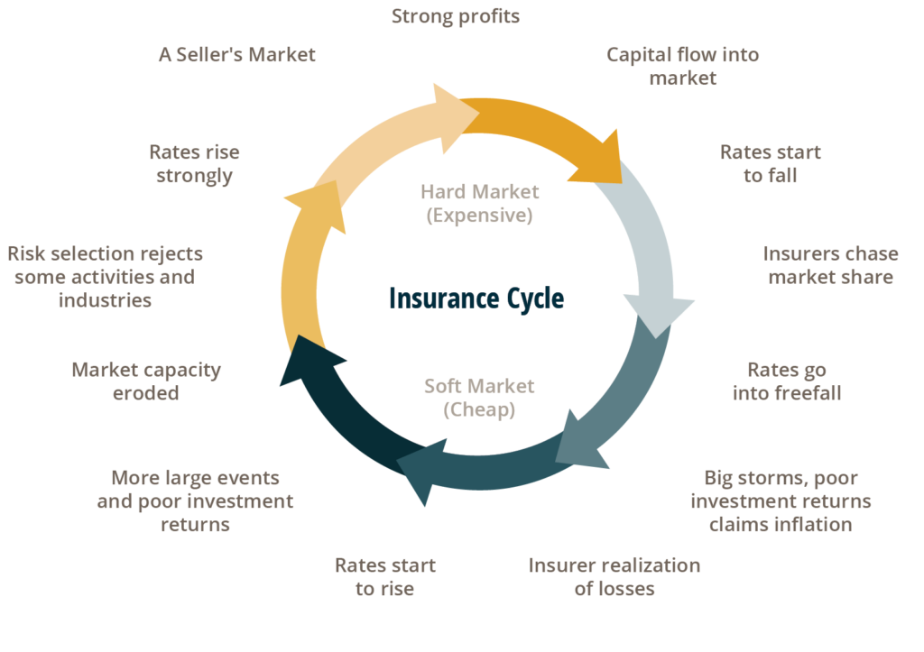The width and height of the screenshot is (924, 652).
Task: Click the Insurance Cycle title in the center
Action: pos(476,298)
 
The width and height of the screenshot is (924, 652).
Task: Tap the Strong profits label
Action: pos(456,16)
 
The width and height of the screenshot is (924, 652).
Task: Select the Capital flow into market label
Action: pos(682,66)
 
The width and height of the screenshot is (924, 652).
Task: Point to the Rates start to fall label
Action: pos(771,163)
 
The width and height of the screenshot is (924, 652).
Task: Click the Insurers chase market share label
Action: pos(830,265)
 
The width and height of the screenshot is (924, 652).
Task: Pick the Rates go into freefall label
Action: pos(787,381)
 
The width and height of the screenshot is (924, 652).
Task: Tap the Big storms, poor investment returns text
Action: pos(781,490)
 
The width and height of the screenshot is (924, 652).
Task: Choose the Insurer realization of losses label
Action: pos(614,576)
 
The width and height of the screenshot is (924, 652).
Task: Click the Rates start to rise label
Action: pos(384,576)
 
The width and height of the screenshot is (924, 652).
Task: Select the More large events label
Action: pos(195,478)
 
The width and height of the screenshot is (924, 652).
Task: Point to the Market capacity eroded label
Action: pos(146,381)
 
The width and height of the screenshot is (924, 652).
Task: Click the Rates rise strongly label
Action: pos(194,164)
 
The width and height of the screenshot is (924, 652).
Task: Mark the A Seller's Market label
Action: pos(237,55)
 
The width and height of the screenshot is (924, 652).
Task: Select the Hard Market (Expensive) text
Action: pos(479,203)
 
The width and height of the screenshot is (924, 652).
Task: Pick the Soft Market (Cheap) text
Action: pos(479,398)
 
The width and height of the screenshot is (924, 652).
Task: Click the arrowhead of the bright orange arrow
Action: pos(601,158)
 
